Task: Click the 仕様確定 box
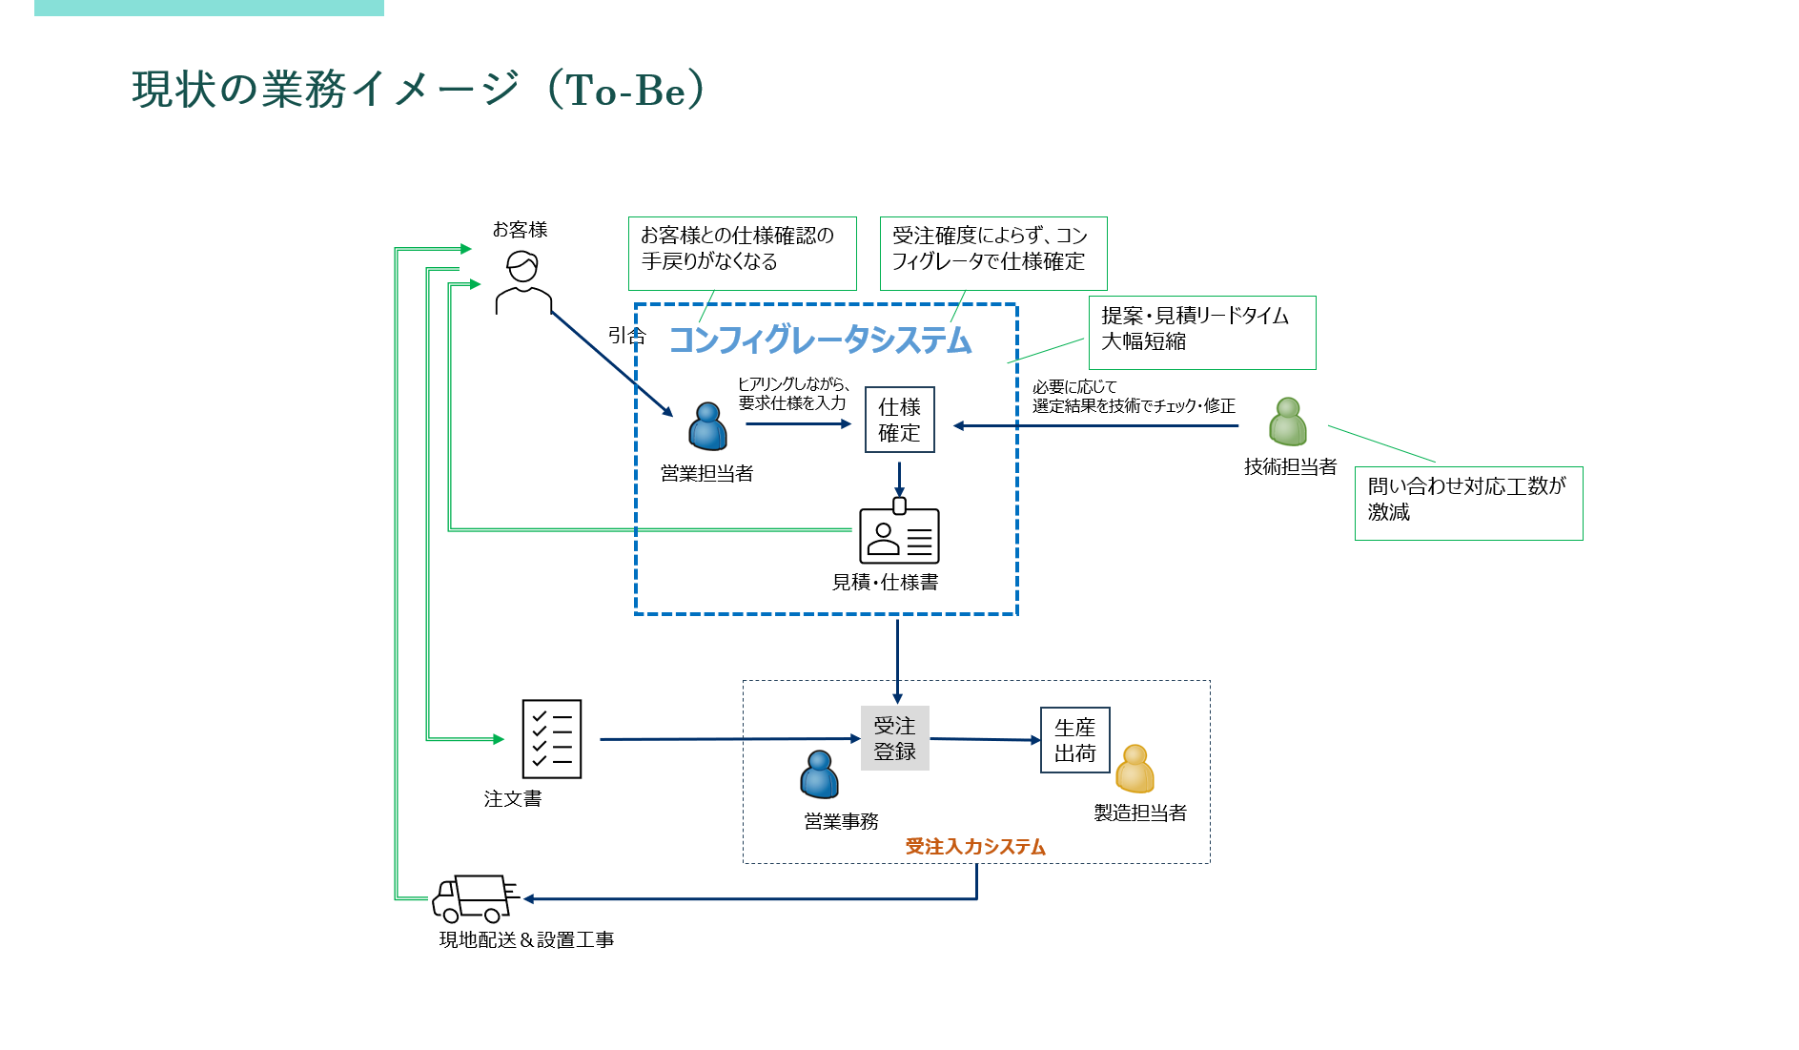point(899,420)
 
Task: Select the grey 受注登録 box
point(894,738)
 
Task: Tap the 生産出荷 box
point(1074,740)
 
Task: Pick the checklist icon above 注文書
point(551,739)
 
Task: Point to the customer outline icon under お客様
point(522,282)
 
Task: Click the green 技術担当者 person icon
point(1288,422)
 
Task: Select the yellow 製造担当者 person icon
point(1135,770)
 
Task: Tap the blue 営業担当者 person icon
point(707,426)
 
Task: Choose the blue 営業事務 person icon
point(819,774)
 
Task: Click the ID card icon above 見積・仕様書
point(899,534)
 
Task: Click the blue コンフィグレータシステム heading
point(820,340)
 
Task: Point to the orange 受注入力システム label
point(975,847)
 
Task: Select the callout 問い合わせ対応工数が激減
point(1468,503)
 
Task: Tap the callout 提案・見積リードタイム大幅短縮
point(1201,332)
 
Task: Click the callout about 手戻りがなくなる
point(742,253)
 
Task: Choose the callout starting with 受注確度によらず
point(992,253)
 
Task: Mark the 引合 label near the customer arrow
point(626,336)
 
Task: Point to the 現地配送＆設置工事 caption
point(526,940)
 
